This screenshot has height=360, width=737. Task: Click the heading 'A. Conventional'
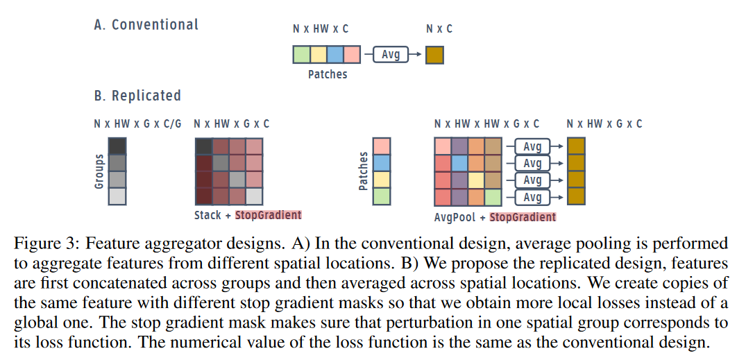point(146,24)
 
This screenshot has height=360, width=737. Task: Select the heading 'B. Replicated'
point(137,96)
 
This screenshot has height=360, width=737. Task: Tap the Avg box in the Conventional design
point(391,55)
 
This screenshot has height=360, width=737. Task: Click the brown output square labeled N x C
point(434,55)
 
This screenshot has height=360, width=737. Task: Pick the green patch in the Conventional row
point(301,55)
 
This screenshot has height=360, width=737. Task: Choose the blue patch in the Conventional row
point(335,55)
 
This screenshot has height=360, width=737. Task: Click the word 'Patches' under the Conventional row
point(328,74)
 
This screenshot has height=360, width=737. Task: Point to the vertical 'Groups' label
point(99,171)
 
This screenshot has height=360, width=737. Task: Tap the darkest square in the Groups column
point(117,146)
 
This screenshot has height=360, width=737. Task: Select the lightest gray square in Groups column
point(117,196)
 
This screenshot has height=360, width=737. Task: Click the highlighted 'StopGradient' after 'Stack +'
point(268,215)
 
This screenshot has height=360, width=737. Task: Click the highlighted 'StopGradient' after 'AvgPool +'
point(523,217)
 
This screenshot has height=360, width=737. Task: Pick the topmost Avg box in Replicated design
point(532,146)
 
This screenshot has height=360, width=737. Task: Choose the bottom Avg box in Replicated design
point(532,198)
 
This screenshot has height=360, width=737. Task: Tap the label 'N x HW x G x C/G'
point(137,124)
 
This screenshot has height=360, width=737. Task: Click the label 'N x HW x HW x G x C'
point(486,124)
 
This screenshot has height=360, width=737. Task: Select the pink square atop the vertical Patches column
point(382,146)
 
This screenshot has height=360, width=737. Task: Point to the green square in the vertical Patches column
point(382,196)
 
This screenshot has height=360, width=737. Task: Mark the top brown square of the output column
point(576,146)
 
